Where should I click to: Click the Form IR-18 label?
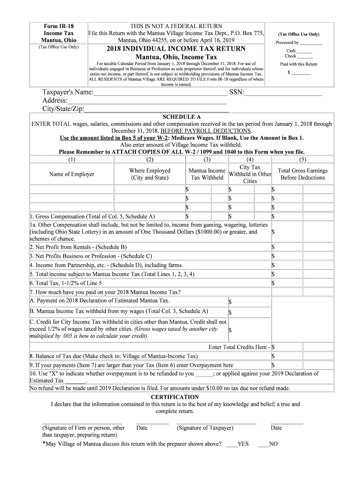[x=58, y=26]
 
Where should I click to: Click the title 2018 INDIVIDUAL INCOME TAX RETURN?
[x=176, y=49]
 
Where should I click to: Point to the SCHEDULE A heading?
[x=181, y=117]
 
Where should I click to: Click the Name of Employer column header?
[x=72, y=174]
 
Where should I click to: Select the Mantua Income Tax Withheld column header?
[x=207, y=174]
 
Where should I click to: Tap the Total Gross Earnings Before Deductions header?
[x=302, y=174]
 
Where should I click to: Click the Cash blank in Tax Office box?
[x=304, y=51]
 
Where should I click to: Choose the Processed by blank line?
[x=311, y=43]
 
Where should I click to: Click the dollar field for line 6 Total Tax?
[x=302, y=283]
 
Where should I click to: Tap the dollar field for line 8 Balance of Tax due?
[x=302, y=356]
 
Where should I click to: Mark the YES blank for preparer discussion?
[x=231, y=444]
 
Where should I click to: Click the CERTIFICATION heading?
[x=181, y=397]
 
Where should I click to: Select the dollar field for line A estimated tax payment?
[x=249, y=302]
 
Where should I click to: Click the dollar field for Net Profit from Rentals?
[x=302, y=247]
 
